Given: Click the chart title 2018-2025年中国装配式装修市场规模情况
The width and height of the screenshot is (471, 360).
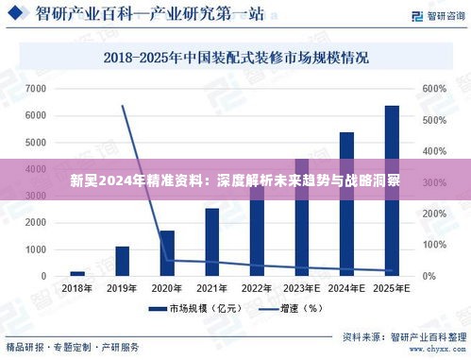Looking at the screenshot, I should (236, 58).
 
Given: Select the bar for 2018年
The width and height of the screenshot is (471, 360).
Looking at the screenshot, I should (77, 273).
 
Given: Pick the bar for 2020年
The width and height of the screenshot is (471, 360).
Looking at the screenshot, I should (167, 252).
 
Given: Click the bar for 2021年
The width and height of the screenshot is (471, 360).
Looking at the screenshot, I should (211, 242).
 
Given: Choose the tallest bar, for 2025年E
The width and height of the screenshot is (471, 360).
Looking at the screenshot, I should (391, 190).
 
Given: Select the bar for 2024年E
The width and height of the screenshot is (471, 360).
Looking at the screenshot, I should (346, 203).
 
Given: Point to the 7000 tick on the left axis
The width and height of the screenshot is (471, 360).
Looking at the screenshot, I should (36, 89).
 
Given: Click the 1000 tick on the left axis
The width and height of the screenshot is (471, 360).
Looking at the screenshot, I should (36, 249).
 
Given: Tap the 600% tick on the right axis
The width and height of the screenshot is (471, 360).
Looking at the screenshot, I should (434, 89).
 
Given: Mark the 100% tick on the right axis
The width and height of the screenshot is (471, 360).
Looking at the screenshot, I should (434, 245).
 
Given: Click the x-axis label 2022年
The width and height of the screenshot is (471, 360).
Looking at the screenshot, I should (257, 288).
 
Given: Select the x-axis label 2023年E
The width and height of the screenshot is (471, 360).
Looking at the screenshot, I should (302, 288).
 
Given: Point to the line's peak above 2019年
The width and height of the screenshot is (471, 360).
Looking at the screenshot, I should (123, 106).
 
